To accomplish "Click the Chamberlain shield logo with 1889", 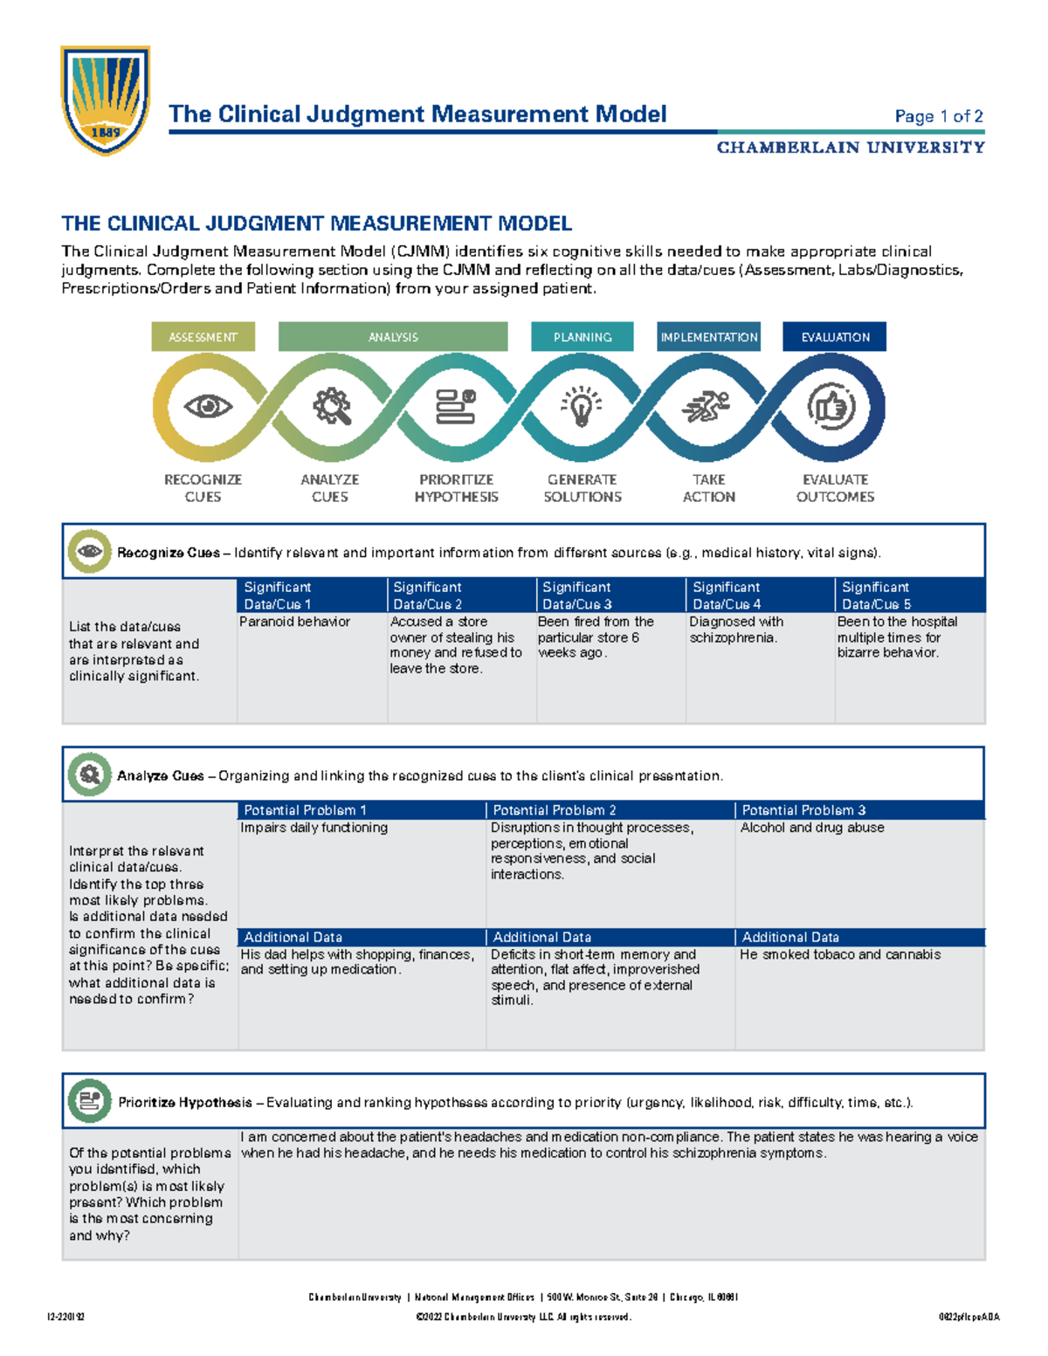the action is click(x=105, y=100).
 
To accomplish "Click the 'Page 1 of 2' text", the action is click(x=939, y=116).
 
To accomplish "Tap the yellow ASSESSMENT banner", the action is click(x=203, y=337).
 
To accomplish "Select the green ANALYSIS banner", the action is click(x=393, y=337).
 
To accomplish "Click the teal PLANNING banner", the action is click(x=582, y=337).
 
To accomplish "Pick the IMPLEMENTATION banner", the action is click(x=709, y=337).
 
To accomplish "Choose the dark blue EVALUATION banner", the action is click(x=835, y=337).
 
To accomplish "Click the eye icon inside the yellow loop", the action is click(x=208, y=406).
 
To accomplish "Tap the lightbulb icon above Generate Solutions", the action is click(x=582, y=407).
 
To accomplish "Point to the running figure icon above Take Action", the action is click(x=707, y=407).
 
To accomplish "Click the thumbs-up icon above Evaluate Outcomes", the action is click(x=831, y=407).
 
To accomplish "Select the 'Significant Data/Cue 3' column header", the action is click(x=611, y=595).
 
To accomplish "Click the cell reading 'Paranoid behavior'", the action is click(x=295, y=622).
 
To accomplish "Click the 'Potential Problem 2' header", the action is click(x=610, y=810).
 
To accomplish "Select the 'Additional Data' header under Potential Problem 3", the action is click(x=859, y=937).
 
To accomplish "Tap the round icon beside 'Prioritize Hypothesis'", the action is click(x=89, y=1101).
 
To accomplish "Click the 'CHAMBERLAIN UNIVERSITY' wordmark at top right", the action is click(x=851, y=148).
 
